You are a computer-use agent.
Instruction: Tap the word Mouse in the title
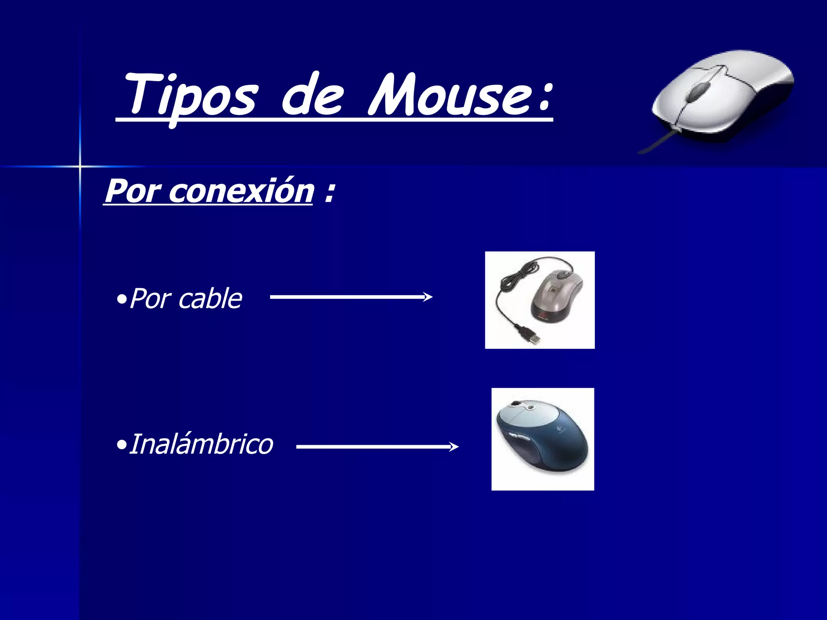click(452, 95)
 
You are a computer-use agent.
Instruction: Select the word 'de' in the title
click(313, 95)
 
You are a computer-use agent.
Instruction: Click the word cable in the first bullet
click(210, 299)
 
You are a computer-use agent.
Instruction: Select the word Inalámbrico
click(201, 444)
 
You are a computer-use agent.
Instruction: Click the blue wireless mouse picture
click(543, 439)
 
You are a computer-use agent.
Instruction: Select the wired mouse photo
click(540, 300)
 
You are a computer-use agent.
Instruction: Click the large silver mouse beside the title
click(723, 97)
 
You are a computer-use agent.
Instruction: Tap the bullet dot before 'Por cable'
click(121, 300)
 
